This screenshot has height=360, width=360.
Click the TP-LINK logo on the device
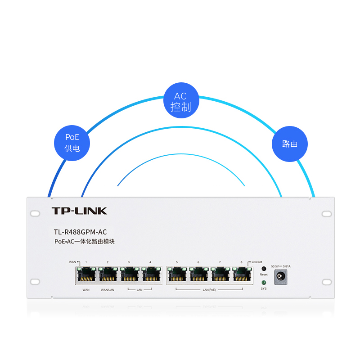pos(79,211)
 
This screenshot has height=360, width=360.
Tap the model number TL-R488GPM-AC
pos(81,232)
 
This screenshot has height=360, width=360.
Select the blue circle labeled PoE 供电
pos(72,143)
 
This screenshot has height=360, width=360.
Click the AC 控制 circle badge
pos(180,100)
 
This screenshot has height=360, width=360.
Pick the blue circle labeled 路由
pos(290,144)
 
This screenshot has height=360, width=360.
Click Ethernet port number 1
pos(86,274)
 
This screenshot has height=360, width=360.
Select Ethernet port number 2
pos(108,274)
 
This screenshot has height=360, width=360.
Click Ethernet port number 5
pos(177,274)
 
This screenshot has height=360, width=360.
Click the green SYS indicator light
pos(264,283)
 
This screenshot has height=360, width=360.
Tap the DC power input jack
pos(281,277)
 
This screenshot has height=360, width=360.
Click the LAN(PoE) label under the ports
pos(209,290)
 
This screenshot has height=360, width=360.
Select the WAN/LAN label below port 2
pos(108,290)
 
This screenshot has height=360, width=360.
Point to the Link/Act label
pos(257,262)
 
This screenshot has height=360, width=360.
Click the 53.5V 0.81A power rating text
pos(281,266)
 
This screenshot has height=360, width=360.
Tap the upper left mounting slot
pos(35,212)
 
